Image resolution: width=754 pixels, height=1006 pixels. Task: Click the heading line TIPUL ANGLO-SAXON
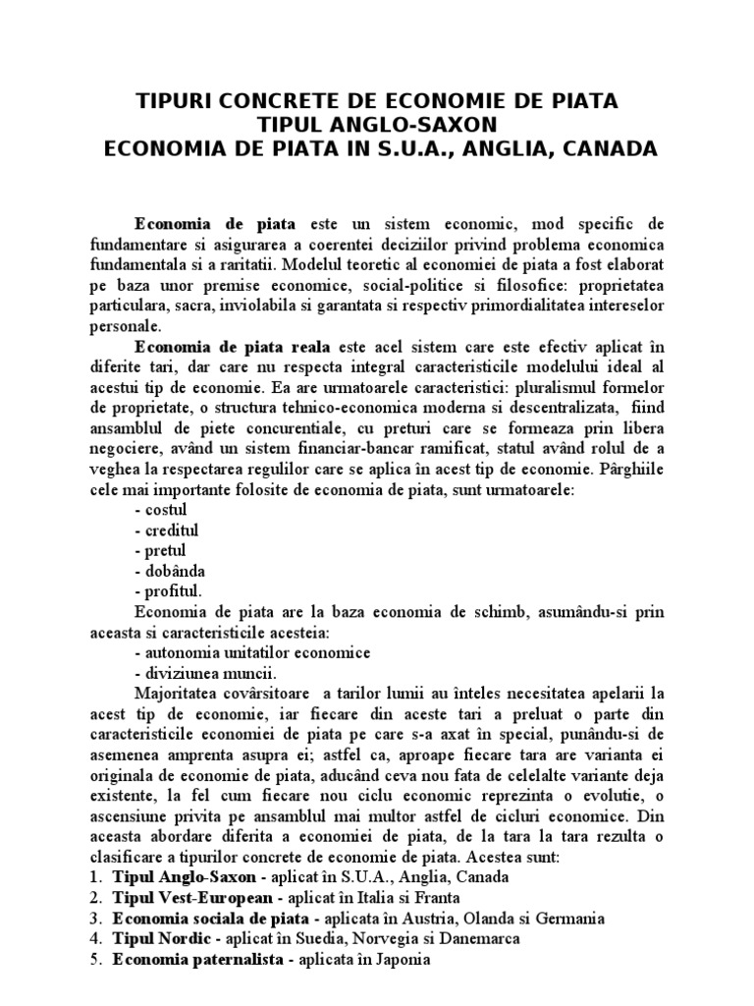pyautogui.click(x=377, y=125)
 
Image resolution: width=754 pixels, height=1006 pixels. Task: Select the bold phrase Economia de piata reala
pyautogui.click(x=236, y=347)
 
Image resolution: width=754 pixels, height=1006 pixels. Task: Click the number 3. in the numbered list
pyautogui.click(x=96, y=918)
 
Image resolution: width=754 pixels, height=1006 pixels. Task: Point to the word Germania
pyautogui.click(x=567, y=918)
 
